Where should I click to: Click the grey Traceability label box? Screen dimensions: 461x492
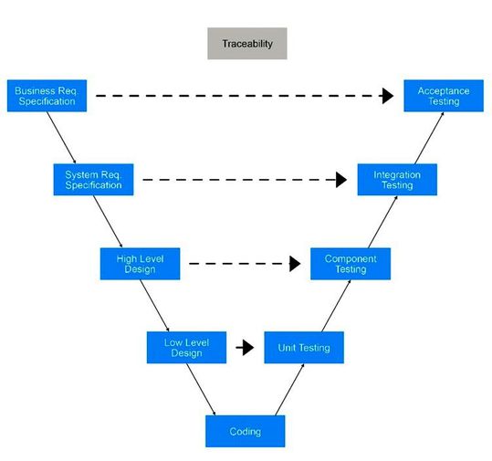coord(246,43)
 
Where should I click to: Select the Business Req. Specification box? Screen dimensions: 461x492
coord(47,96)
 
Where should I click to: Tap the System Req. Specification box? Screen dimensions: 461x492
coord(93,179)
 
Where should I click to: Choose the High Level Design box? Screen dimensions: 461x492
coord(140,264)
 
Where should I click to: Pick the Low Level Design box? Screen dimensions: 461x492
coord(186,348)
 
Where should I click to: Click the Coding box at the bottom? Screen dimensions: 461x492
coord(246,431)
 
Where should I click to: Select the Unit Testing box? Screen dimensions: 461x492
coord(303,348)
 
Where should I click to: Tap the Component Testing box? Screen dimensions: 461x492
coord(351,264)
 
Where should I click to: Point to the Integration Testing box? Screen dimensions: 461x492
coord(397,179)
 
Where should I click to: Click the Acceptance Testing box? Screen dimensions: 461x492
coord(444,96)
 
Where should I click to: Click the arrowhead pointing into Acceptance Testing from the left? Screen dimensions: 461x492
coord(388,95)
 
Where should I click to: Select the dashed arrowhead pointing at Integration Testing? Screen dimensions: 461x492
coord(341,180)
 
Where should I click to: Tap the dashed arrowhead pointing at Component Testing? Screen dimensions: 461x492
coord(295,264)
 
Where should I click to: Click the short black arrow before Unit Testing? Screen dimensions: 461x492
coord(245,348)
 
